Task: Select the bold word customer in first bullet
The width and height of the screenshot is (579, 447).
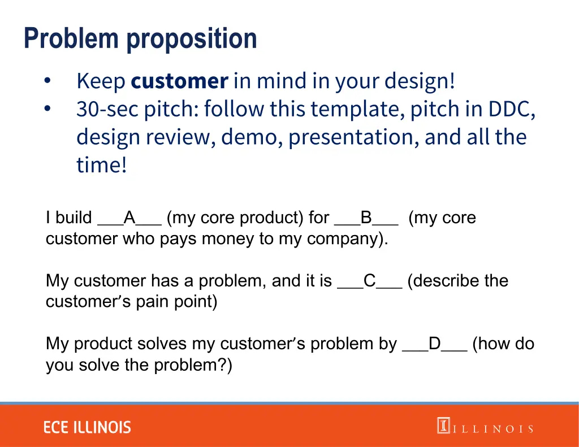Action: coord(179,82)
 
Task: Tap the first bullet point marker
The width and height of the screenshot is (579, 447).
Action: coord(47,81)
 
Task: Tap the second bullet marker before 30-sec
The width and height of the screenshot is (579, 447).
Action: coord(47,108)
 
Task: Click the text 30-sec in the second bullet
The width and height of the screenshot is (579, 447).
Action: coord(107,109)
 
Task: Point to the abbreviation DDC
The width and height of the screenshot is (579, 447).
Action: coord(512,109)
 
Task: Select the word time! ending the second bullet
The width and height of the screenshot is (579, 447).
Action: coord(102,166)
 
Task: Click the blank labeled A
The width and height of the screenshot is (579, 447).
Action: coord(130,218)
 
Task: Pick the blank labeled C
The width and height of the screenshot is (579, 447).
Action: coord(370,281)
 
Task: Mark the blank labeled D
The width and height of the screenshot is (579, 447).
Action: coord(434,344)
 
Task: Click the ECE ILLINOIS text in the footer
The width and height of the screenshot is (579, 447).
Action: coord(87,427)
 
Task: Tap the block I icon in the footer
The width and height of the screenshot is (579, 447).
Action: coord(443,426)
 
